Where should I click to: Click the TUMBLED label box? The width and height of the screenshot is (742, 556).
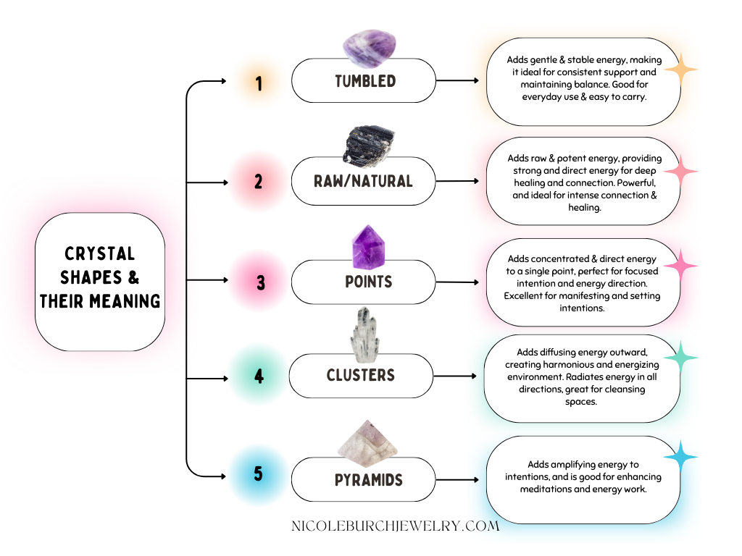(x=364, y=81)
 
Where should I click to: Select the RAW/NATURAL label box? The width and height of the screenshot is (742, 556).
(x=364, y=181)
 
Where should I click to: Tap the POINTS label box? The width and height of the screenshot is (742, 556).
(x=368, y=281)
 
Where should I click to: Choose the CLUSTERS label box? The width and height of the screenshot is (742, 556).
(x=360, y=376)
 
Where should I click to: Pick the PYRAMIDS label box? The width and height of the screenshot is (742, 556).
(x=368, y=479)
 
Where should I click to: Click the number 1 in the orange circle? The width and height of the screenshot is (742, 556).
(x=259, y=83)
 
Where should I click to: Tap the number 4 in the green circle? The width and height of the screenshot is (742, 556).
(x=259, y=376)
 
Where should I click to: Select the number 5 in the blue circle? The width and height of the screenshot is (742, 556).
(x=259, y=475)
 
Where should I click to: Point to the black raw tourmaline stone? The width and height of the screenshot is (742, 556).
(x=369, y=143)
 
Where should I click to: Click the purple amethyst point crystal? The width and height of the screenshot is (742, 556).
(x=368, y=246)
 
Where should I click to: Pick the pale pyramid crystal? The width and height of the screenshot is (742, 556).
(x=368, y=442)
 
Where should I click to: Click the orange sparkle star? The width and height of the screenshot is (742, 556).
(x=680, y=69)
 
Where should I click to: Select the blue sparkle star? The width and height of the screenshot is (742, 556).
(x=680, y=458)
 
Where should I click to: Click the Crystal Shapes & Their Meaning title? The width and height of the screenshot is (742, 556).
(x=100, y=277)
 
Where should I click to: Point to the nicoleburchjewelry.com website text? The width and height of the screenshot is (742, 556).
(x=395, y=526)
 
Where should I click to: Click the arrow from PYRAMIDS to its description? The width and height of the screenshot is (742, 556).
(x=457, y=479)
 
